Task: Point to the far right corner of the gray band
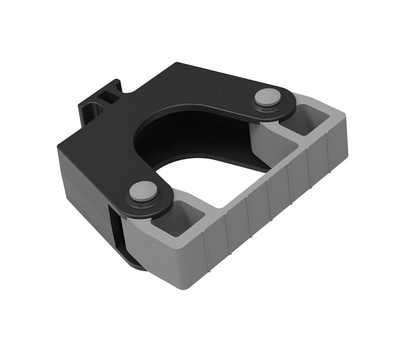point(346,125)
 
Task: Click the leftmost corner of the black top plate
point(58,145)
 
